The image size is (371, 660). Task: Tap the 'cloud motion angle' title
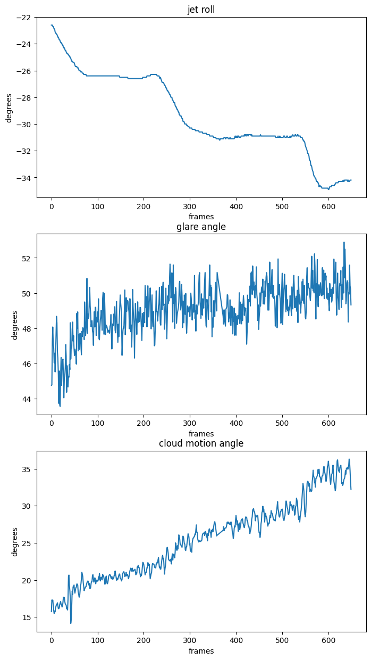click(201, 443)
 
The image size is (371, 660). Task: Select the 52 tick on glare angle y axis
click(28, 258)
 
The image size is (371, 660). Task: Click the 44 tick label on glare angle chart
click(28, 399)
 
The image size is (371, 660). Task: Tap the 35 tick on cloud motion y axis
click(28, 469)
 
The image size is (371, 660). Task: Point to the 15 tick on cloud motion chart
click(28, 617)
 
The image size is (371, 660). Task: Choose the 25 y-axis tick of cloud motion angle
click(28, 543)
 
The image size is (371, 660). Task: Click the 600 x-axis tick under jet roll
click(328, 206)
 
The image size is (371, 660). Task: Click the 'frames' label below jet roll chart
click(201, 217)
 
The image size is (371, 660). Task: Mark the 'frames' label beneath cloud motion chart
click(201, 651)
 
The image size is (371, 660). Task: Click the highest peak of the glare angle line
click(344, 242)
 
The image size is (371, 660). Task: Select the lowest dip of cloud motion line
click(71, 623)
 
